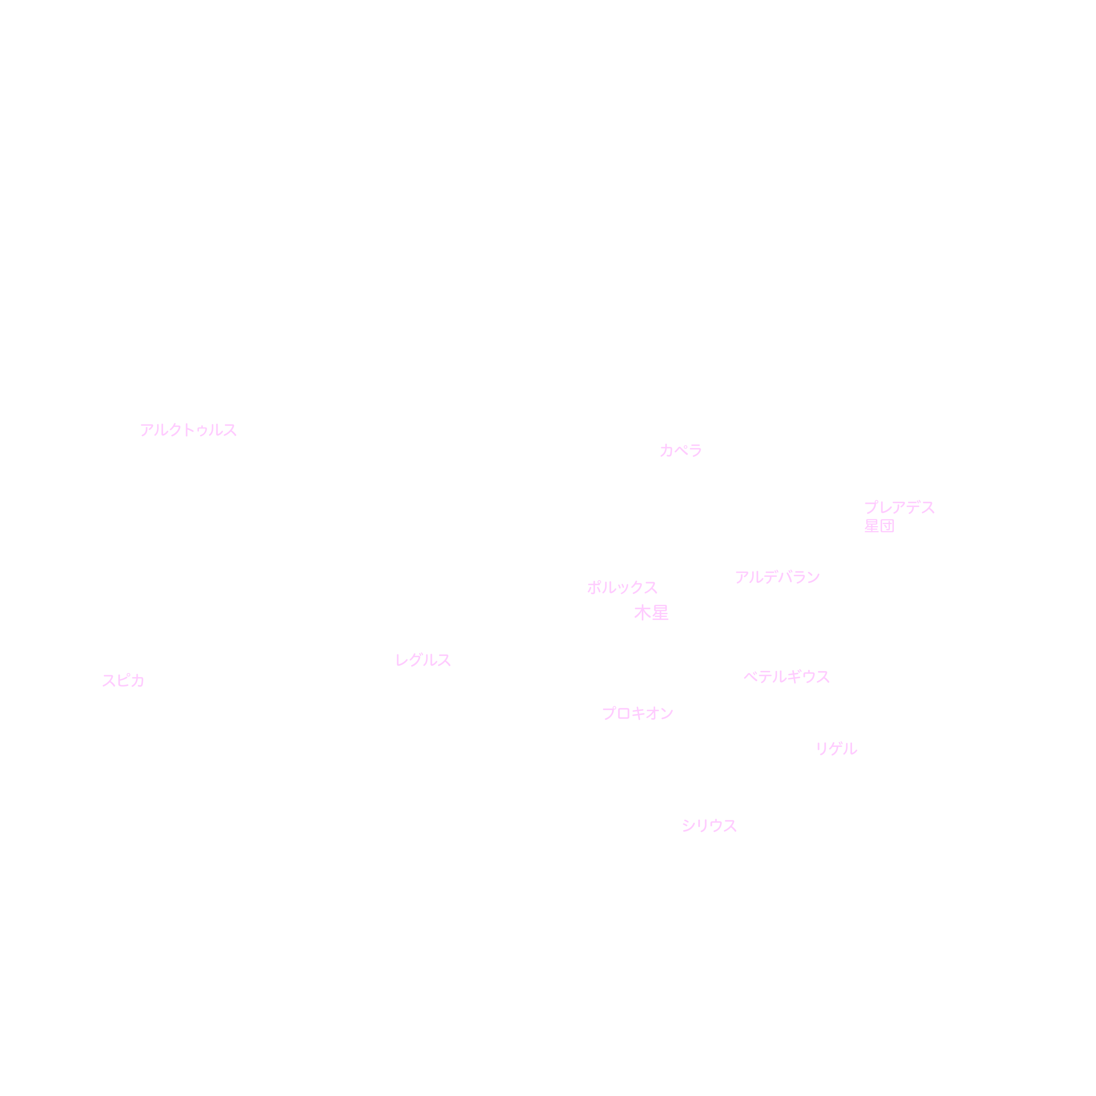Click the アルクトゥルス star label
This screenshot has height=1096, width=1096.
tap(188, 430)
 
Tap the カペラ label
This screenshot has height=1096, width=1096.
tap(681, 451)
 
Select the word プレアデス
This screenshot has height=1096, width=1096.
tap(899, 507)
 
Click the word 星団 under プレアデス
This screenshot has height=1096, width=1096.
tap(879, 526)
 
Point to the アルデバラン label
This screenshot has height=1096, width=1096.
tap(777, 577)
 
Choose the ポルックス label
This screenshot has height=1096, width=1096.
tap(622, 587)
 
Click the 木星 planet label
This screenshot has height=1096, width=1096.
tap(651, 613)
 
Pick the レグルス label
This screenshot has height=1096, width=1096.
tap(423, 660)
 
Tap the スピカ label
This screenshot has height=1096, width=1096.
tap(123, 680)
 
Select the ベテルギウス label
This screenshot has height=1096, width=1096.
tap(786, 677)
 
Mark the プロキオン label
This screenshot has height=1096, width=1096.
tap(638, 713)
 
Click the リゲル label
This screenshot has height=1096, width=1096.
tap(836, 749)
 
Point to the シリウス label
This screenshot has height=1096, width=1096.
tap(709, 825)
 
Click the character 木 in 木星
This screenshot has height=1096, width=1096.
tap(642, 613)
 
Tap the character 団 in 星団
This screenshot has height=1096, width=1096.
tap(887, 526)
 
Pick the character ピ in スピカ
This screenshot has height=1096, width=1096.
tap(123, 680)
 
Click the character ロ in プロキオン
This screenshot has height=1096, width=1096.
tap(624, 714)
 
